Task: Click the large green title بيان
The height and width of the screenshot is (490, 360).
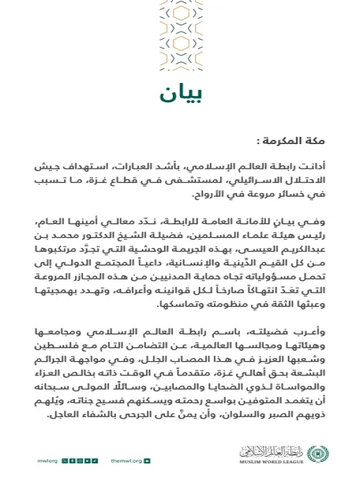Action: click(x=177, y=94)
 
